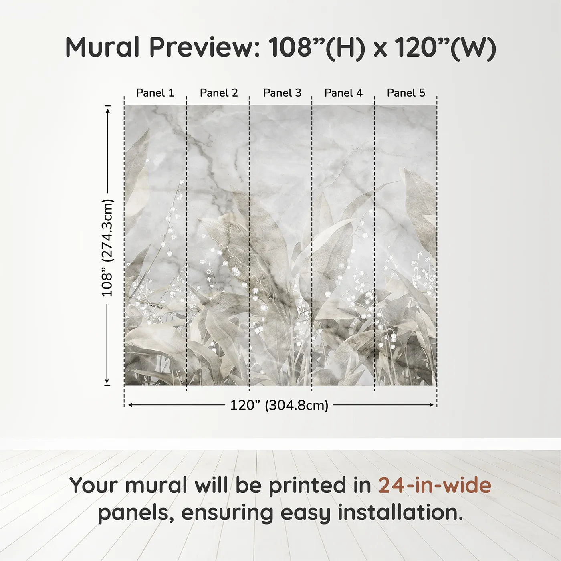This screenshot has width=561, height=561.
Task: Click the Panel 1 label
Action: (155, 93)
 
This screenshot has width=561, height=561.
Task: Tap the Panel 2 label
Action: (219, 93)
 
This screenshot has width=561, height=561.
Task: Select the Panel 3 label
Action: (282, 93)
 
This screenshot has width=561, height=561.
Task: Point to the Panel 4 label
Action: (343, 93)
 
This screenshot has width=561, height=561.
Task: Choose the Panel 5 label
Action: (406, 93)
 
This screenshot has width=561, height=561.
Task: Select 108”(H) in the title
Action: (317, 47)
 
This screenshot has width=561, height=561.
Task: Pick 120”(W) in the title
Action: (445, 47)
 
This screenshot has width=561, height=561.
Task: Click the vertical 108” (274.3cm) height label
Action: (107, 248)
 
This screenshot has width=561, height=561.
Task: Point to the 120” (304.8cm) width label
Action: (279, 405)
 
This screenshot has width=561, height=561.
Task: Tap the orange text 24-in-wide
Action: (435, 485)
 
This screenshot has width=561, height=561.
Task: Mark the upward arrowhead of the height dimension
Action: (107, 110)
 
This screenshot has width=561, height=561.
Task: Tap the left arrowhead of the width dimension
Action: (130, 405)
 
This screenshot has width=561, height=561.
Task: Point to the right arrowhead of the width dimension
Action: (432, 405)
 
